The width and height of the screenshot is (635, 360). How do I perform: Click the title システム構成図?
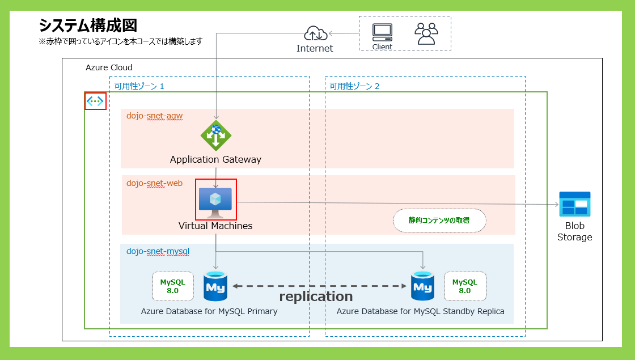click(88, 26)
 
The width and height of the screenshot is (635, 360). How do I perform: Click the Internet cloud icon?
click(315, 33)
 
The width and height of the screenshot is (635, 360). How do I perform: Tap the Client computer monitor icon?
click(382, 32)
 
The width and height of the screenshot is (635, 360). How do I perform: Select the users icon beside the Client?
click(426, 33)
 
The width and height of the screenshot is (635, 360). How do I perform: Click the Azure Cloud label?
click(109, 67)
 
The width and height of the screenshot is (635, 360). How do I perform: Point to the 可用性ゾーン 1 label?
click(139, 86)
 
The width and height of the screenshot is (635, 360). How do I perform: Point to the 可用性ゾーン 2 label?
click(355, 86)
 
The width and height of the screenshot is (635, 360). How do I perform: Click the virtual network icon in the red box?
click(95, 101)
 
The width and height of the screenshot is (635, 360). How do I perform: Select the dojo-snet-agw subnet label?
click(154, 116)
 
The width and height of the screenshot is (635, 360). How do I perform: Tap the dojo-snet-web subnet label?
click(154, 183)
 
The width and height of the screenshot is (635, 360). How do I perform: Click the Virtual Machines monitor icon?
click(215, 200)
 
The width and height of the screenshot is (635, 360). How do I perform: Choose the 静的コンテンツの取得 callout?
click(439, 221)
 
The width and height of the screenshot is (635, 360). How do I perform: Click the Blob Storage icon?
click(575, 204)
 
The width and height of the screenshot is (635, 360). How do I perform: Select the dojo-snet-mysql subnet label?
click(158, 251)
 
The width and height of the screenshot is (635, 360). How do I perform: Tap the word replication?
click(316, 297)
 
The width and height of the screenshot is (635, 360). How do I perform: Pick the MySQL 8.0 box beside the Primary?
click(172, 286)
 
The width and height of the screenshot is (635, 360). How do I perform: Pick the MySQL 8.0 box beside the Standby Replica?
click(465, 286)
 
